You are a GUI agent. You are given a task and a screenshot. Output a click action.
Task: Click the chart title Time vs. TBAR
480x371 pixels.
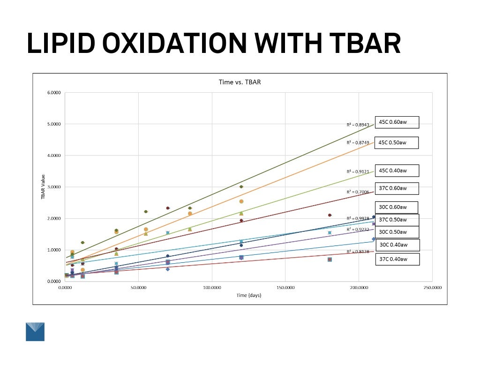[x=240, y=82]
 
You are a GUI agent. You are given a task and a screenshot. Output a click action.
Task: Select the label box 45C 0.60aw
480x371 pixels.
[x=396, y=122]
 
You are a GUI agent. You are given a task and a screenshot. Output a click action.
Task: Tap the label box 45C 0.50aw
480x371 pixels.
[x=396, y=142]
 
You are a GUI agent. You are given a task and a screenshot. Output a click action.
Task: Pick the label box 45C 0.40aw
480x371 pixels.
[x=397, y=171]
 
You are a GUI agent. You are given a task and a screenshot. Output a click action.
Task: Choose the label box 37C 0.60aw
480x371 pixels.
[x=397, y=188]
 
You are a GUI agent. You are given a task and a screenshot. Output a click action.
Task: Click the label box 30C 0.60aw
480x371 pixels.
[x=397, y=207]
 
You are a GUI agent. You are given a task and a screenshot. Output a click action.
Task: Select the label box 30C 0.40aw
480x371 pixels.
[x=397, y=245]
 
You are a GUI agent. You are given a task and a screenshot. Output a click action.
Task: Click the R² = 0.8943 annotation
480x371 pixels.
[x=358, y=125]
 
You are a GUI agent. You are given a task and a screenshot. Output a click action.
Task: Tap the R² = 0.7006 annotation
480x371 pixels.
[x=358, y=192]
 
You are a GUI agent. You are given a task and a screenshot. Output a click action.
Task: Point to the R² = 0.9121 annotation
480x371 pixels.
[x=358, y=172]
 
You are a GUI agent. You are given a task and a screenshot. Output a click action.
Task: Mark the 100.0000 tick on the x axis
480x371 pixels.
[x=212, y=288]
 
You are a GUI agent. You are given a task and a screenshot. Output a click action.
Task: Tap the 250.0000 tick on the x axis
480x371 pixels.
[x=432, y=288]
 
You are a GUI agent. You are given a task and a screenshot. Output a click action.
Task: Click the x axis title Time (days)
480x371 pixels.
[x=248, y=296]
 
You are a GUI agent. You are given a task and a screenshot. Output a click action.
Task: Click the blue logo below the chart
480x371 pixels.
[x=35, y=331]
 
